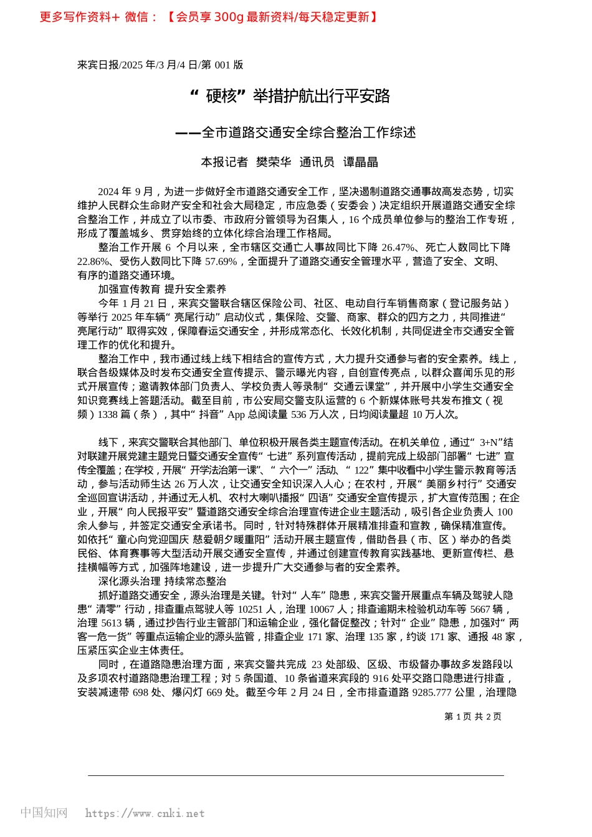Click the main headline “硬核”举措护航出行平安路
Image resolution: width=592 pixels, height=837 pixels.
coord(290,96)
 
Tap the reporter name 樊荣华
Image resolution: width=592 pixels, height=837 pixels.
coord(274,163)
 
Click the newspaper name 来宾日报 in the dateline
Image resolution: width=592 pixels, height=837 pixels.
coord(98,65)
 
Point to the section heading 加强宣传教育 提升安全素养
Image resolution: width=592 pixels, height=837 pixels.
coord(162,289)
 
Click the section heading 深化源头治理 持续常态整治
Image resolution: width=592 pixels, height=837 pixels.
coord(162,582)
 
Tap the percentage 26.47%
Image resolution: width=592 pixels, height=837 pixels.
coord(398,247)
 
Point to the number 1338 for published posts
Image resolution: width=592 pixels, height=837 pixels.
coord(107,415)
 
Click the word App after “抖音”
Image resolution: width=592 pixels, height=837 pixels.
coord(236,415)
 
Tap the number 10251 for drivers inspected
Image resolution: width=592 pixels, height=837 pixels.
coord(251,609)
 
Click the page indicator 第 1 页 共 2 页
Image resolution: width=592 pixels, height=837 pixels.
coord(473,717)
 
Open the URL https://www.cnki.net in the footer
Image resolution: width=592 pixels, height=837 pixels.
coord(145,813)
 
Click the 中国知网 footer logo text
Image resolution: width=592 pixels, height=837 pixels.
coord(44,813)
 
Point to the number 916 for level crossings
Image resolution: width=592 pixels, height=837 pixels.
coord(381,679)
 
